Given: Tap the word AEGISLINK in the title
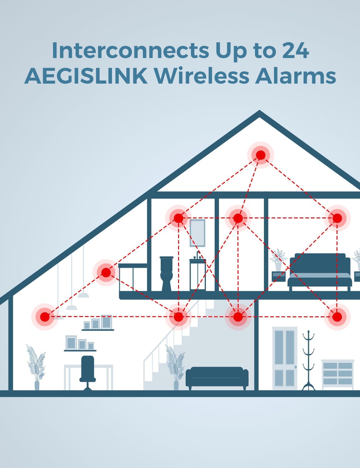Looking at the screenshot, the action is click(86, 76).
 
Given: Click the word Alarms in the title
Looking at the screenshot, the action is click(295, 76).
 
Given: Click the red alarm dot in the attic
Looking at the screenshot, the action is click(260, 155).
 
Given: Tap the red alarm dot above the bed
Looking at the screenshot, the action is click(337, 218).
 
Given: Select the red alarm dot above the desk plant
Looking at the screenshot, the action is click(45, 317).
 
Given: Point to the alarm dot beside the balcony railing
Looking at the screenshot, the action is click(106, 272).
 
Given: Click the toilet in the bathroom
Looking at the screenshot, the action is click(167, 274).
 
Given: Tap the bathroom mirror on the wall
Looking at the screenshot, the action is click(197, 233).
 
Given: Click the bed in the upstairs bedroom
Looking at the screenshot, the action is click(320, 272).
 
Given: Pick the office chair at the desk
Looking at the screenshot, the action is click(88, 373).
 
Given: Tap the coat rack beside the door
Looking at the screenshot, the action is click(308, 360).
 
